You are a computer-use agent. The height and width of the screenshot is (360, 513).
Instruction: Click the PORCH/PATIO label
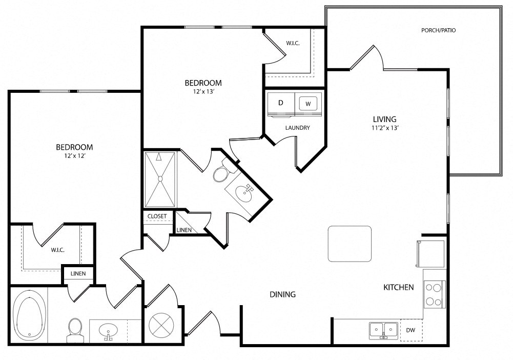click(x=438, y=30)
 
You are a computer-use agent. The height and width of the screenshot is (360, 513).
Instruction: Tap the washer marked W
click(x=308, y=104)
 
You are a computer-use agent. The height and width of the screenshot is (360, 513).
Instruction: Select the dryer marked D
click(x=281, y=104)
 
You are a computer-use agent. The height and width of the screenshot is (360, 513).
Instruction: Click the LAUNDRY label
click(x=297, y=128)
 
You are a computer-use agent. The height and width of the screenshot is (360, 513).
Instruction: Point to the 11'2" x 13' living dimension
click(x=385, y=128)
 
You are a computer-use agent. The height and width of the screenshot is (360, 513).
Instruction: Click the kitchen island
click(x=350, y=244)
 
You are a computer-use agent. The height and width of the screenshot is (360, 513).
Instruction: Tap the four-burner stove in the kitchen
click(x=435, y=294)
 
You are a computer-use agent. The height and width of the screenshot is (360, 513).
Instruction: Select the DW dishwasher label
click(x=411, y=330)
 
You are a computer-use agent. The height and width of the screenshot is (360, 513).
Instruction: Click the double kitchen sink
click(x=384, y=331)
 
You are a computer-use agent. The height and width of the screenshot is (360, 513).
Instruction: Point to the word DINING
click(x=283, y=294)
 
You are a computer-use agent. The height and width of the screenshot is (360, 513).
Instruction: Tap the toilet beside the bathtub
click(x=75, y=330)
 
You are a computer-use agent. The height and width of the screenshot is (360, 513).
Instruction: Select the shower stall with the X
click(x=160, y=179)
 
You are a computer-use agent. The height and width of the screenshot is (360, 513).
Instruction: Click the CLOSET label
click(x=157, y=216)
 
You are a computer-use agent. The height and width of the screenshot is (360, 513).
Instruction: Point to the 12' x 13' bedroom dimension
click(x=203, y=92)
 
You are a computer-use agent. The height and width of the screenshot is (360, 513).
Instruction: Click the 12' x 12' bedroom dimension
click(x=75, y=156)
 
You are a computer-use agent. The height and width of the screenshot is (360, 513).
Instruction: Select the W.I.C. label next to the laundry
click(x=293, y=43)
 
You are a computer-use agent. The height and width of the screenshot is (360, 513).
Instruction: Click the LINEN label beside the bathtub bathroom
click(x=78, y=274)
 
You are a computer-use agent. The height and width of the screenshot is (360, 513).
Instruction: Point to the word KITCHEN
click(x=399, y=287)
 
